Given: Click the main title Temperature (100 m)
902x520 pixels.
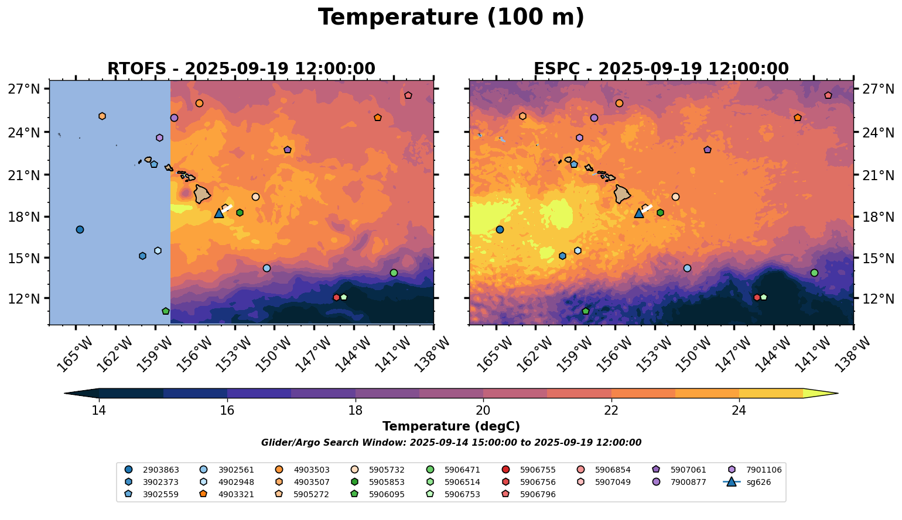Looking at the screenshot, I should [x=451, y=18].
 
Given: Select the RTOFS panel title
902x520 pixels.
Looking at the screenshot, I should [x=241, y=69].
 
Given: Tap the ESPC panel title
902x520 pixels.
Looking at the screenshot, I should [x=661, y=69].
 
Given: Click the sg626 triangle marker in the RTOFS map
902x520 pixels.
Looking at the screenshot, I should [x=219, y=213].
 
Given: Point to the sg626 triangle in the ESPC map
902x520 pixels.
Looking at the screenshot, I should [x=639, y=213].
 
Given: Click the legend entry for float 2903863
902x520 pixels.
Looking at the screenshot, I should [x=152, y=470].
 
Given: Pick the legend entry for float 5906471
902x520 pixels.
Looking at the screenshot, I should [x=455, y=470].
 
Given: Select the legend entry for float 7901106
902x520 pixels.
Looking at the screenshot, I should [x=756, y=470].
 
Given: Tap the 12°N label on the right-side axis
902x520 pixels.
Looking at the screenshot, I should [x=878, y=298].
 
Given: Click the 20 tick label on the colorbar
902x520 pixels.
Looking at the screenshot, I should [x=483, y=411].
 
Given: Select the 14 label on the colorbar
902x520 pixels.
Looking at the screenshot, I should [x=99, y=411].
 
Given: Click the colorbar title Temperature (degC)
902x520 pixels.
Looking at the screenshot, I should [x=451, y=426].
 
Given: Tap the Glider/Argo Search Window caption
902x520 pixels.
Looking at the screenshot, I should [x=451, y=443].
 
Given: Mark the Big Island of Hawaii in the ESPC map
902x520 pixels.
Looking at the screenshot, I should [x=622, y=194].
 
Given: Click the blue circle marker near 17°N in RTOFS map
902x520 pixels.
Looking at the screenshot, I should [x=80, y=229].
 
